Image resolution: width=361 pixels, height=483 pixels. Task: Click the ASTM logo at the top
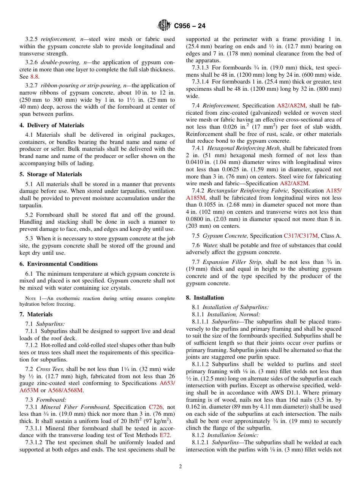pos(164,26)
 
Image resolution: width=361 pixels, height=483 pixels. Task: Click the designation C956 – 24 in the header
pos(190,26)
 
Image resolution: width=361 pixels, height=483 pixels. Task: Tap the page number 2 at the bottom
pos(180,467)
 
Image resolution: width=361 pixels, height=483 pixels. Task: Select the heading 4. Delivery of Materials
pos(52,125)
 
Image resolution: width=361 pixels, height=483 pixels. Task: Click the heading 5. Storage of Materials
pos(51,174)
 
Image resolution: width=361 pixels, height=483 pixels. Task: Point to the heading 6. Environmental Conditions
pos(59,264)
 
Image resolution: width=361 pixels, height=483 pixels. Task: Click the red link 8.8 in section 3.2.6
pos(34,76)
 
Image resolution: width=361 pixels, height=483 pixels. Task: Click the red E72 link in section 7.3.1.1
pos(165,435)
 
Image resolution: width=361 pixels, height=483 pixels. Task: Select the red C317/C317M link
pos(301,236)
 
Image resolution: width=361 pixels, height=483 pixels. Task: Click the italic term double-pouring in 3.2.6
pos(57,62)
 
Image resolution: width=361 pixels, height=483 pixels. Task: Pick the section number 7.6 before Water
pos(196,245)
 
